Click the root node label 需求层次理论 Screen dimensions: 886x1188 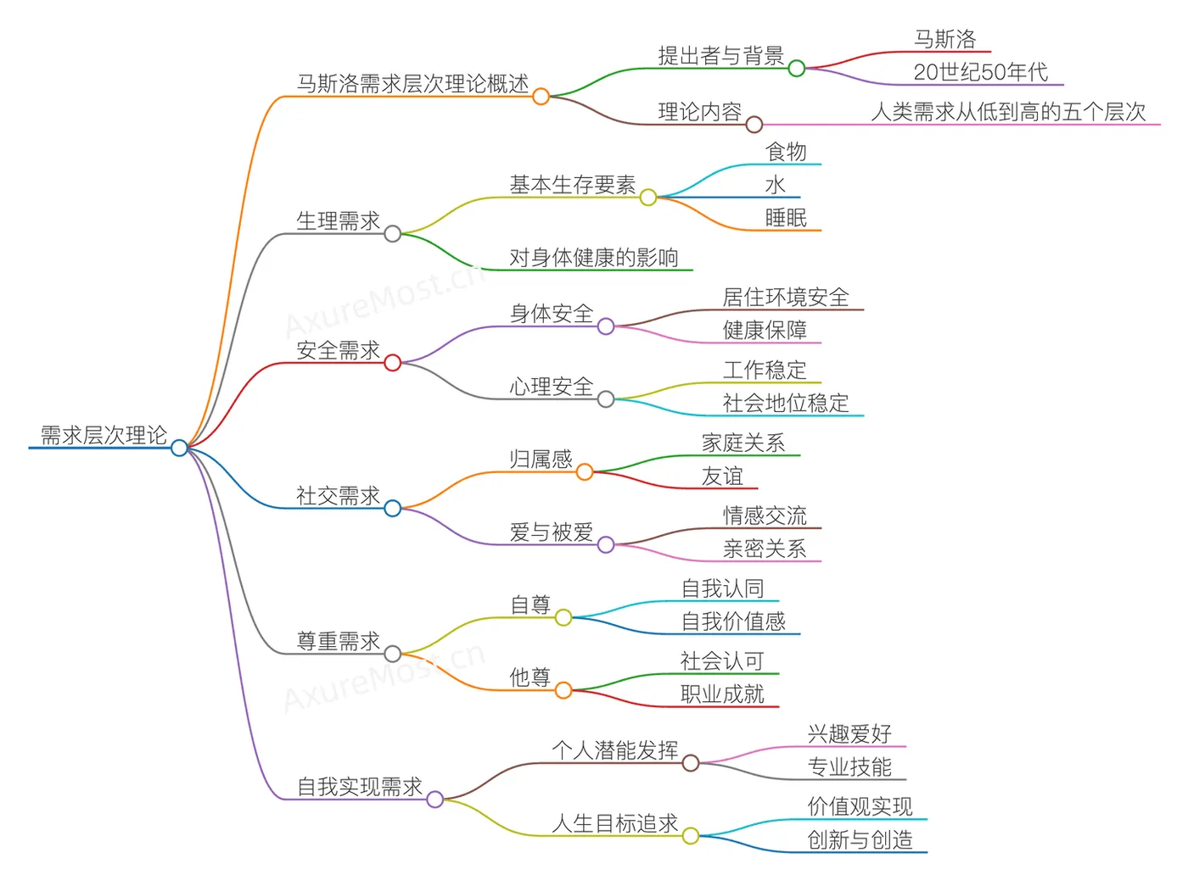point(104,435)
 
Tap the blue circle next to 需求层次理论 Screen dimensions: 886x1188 point(179,448)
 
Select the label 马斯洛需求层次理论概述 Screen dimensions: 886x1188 point(412,84)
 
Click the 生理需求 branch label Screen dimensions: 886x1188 point(338,221)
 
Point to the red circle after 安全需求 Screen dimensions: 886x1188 point(392,363)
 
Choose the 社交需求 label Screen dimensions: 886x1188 point(338,496)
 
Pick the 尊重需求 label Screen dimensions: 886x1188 point(338,641)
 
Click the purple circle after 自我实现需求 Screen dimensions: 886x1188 point(434,799)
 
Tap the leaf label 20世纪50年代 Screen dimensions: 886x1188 point(980,72)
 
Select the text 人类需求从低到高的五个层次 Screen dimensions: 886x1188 point(1008,112)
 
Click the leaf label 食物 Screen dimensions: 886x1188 point(786,152)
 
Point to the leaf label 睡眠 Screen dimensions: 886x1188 point(786,218)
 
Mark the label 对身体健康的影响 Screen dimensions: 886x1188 point(593,258)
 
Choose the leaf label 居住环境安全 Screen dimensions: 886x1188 point(786,298)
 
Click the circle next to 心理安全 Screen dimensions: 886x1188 point(606,399)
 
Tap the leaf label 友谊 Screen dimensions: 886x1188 point(722,476)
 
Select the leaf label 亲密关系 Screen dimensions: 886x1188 point(765,549)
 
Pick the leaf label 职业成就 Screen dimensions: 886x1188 point(722,694)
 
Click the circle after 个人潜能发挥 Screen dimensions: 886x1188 point(691,763)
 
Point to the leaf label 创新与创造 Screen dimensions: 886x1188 point(860,840)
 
